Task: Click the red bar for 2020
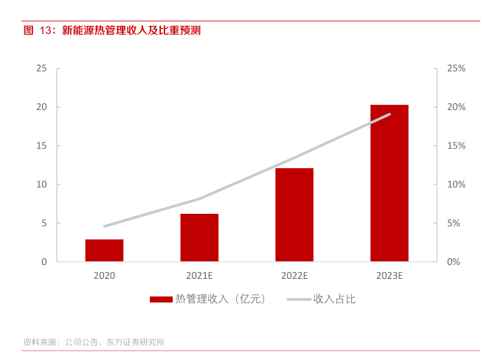[x=104, y=250]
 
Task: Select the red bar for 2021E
[x=199, y=238]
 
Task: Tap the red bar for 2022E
[x=294, y=215]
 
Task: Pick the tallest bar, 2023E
[x=389, y=183]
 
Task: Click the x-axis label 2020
[x=104, y=276]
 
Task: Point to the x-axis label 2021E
[x=199, y=276]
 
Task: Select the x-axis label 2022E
[x=294, y=276]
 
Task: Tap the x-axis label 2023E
[x=389, y=276]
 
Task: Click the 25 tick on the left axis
[x=41, y=69]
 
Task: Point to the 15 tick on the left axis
[x=41, y=146]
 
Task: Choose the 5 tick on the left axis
[x=44, y=223]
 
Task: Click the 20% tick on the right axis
[x=456, y=107]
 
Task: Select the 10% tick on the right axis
[x=456, y=184]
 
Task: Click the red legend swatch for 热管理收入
[x=160, y=300]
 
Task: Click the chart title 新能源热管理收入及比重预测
[x=131, y=30]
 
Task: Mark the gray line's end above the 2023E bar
[x=389, y=114]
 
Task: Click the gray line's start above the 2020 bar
[x=104, y=226]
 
